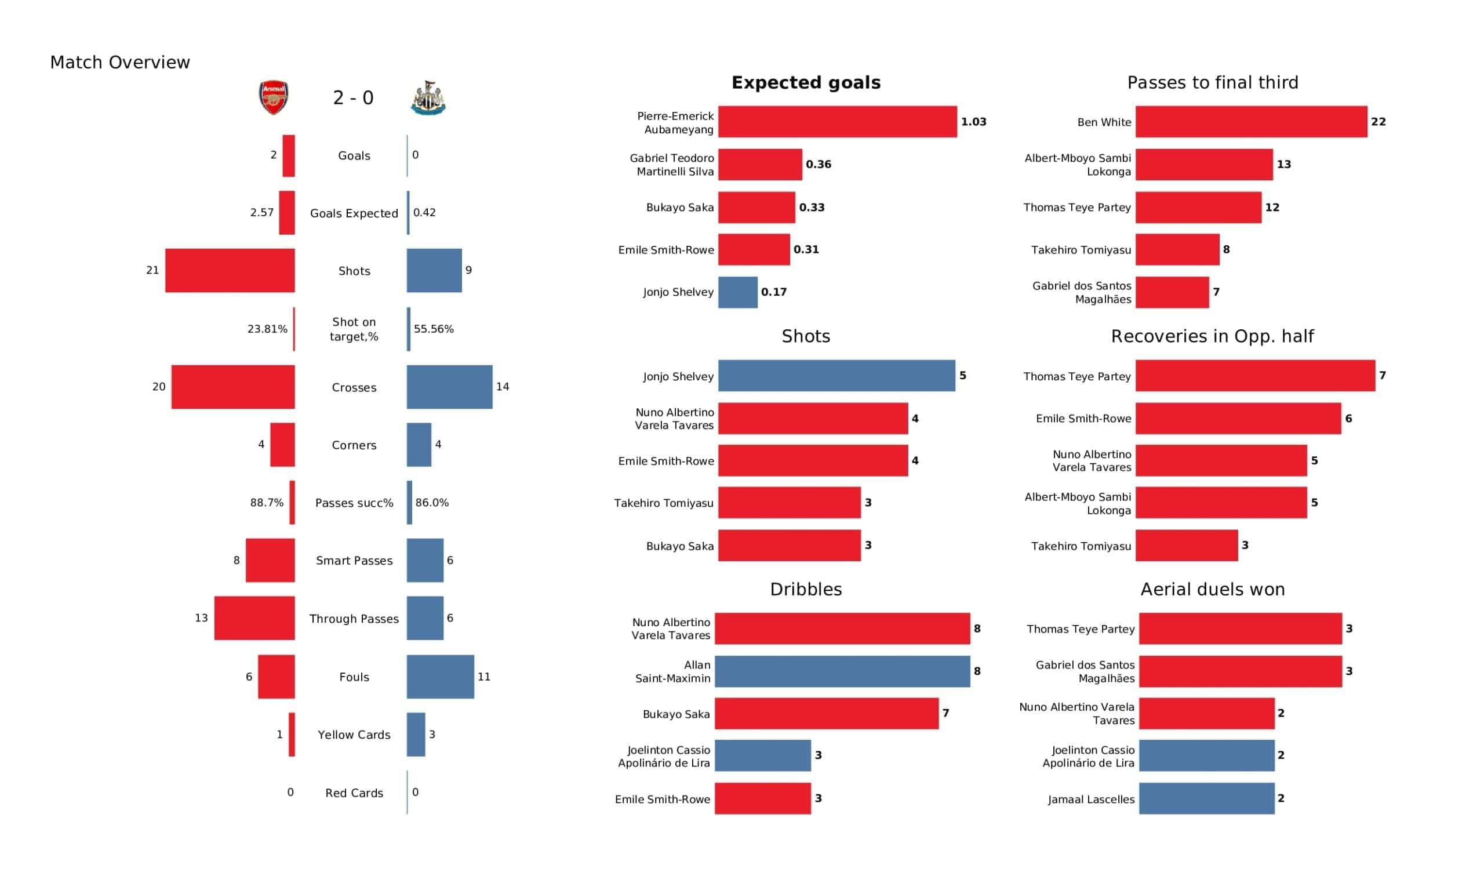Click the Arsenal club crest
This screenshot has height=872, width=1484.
(274, 97)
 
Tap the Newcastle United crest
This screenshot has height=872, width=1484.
(428, 98)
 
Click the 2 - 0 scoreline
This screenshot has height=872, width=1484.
(354, 98)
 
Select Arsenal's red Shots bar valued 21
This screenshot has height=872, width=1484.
(230, 270)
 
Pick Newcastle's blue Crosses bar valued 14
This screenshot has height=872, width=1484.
(449, 387)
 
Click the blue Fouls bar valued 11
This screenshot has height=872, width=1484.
(441, 677)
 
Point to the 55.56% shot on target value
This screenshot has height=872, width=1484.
(434, 329)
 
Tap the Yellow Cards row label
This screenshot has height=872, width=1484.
(354, 735)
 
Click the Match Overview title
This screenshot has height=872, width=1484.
(120, 62)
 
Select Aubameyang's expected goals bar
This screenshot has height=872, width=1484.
(838, 122)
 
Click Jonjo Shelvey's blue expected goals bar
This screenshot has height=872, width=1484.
(738, 292)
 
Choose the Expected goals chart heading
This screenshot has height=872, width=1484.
(806, 82)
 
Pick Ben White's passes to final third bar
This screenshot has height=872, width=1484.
(1252, 122)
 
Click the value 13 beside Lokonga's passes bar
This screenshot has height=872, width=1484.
(1284, 165)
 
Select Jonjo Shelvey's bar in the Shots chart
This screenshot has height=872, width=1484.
(837, 376)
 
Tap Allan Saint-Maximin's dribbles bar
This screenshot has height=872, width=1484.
(843, 671)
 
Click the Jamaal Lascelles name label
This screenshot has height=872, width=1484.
(1091, 800)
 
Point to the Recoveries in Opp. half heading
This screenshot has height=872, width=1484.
(1213, 336)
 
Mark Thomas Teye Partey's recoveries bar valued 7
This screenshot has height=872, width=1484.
(1256, 376)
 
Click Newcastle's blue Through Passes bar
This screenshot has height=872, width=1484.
(425, 618)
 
